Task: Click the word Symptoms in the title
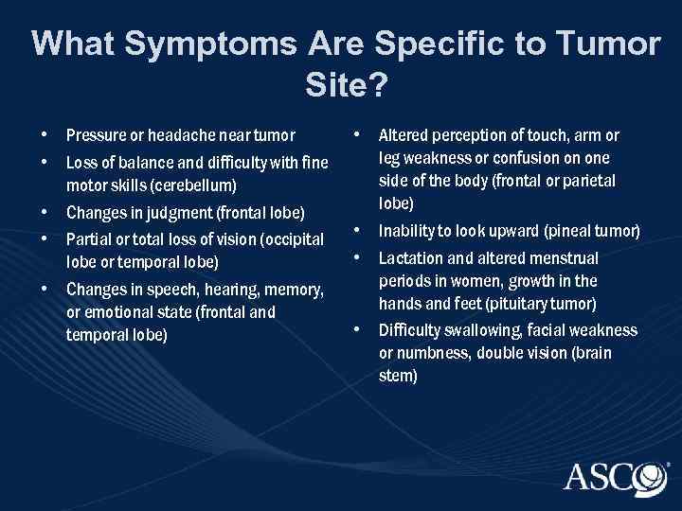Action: (x=179, y=44)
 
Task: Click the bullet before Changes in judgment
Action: (x=45, y=210)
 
